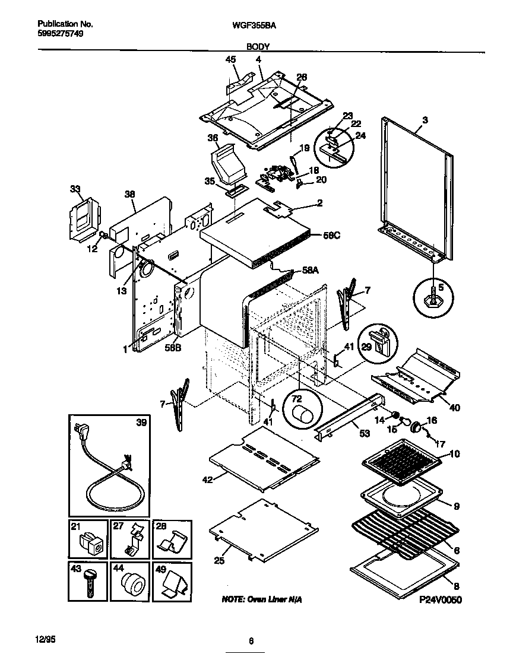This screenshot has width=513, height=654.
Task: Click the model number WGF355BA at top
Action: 256,25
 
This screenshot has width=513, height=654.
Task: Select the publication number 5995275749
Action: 59,34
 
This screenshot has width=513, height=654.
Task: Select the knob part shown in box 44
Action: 132,586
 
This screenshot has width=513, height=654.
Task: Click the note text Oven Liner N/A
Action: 261,600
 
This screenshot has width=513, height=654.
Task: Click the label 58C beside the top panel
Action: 331,235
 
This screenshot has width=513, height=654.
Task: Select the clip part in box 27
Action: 132,539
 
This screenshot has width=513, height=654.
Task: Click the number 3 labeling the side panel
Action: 425,120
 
